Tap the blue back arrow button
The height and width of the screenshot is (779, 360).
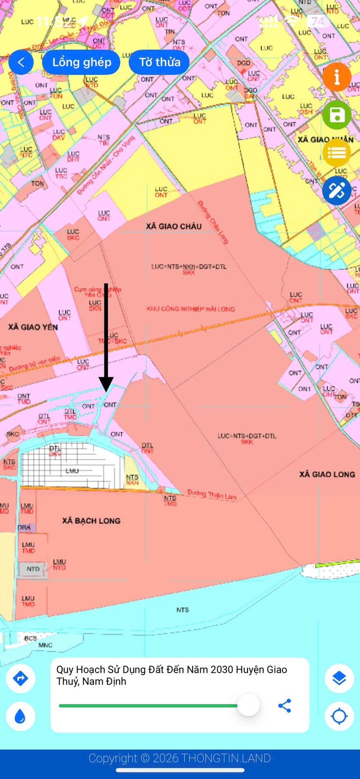[x=21, y=62]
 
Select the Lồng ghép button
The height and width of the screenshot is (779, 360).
[x=81, y=62]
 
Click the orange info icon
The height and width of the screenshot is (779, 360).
[x=336, y=77]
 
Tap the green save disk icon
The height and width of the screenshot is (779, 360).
[x=336, y=115]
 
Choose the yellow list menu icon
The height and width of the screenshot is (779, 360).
[x=336, y=152]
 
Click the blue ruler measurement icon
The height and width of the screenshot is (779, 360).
[x=336, y=190]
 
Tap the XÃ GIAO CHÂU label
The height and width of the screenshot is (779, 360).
[x=173, y=226]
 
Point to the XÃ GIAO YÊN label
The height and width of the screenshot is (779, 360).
[x=33, y=327]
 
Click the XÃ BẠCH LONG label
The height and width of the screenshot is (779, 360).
[x=91, y=520]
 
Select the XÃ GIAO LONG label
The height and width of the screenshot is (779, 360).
[x=327, y=474]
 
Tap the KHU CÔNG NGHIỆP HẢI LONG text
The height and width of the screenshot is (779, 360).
[x=190, y=309]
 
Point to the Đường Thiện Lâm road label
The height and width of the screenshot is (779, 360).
[x=211, y=494]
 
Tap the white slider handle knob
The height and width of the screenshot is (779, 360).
[x=248, y=705]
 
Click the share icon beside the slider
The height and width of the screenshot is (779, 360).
[x=284, y=705]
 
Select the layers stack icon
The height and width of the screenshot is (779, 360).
[x=339, y=678]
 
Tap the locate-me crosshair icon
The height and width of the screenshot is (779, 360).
[x=339, y=716]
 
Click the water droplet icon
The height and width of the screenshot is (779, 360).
[x=20, y=716]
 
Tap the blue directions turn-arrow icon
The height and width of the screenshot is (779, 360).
[x=20, y=678]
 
